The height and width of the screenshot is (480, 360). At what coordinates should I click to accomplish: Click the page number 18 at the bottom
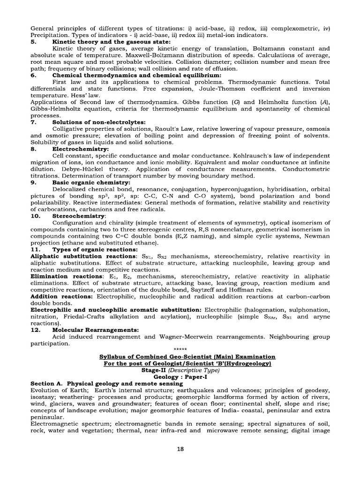[x=180, y=449]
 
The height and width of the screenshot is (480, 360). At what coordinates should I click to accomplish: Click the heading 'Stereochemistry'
[x=79, y=216]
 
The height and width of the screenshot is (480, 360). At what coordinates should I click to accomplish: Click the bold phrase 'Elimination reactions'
[x=66, y=277]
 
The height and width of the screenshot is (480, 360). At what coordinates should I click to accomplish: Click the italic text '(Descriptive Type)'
[x=193, y=369]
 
